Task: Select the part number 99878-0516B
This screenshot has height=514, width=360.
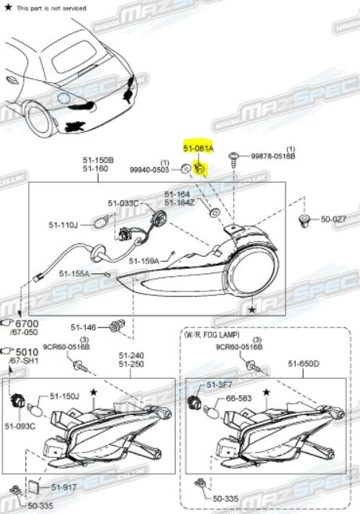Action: [x=273, y=156]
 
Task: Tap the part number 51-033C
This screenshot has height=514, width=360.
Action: [x=123, y=203]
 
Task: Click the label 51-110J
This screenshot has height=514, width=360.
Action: [x=65, y=225]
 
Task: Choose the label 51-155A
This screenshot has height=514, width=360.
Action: [x=74, y=273]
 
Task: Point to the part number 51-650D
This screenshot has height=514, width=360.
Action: [x=304, y=362]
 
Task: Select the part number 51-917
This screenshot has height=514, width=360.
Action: [x=65, y=487]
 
